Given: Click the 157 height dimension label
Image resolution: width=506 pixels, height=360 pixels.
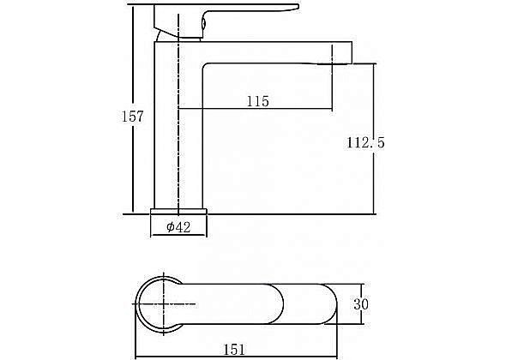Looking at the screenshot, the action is pyautogui.click(x=132, y=117).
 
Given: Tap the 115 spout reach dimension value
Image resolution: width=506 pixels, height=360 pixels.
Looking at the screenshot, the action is pyautogui.click(x=258, y=101).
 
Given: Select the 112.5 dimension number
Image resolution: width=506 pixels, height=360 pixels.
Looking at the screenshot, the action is pyautogui.click(x=366, y=142).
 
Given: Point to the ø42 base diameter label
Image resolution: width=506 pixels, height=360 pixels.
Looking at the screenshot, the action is pyautogui.click(x=178, y=227).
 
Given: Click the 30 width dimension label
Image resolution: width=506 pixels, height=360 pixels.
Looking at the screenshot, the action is pyautogui.click(x=361, y=304).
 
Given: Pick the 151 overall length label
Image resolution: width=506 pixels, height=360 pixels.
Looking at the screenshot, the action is pyautogui.click(x=234, y=350).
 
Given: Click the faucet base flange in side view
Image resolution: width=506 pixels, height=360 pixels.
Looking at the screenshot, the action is pyautogui.click(x=178, y=212).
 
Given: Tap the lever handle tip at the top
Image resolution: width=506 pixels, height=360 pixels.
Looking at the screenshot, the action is pyautogui.click(x=298, y=7).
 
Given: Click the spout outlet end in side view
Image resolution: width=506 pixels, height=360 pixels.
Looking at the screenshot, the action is pyautogui.click(x=352, y=52).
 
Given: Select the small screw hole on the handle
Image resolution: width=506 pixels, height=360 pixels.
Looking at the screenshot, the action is pyautogui.click(x=203, y=24).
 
